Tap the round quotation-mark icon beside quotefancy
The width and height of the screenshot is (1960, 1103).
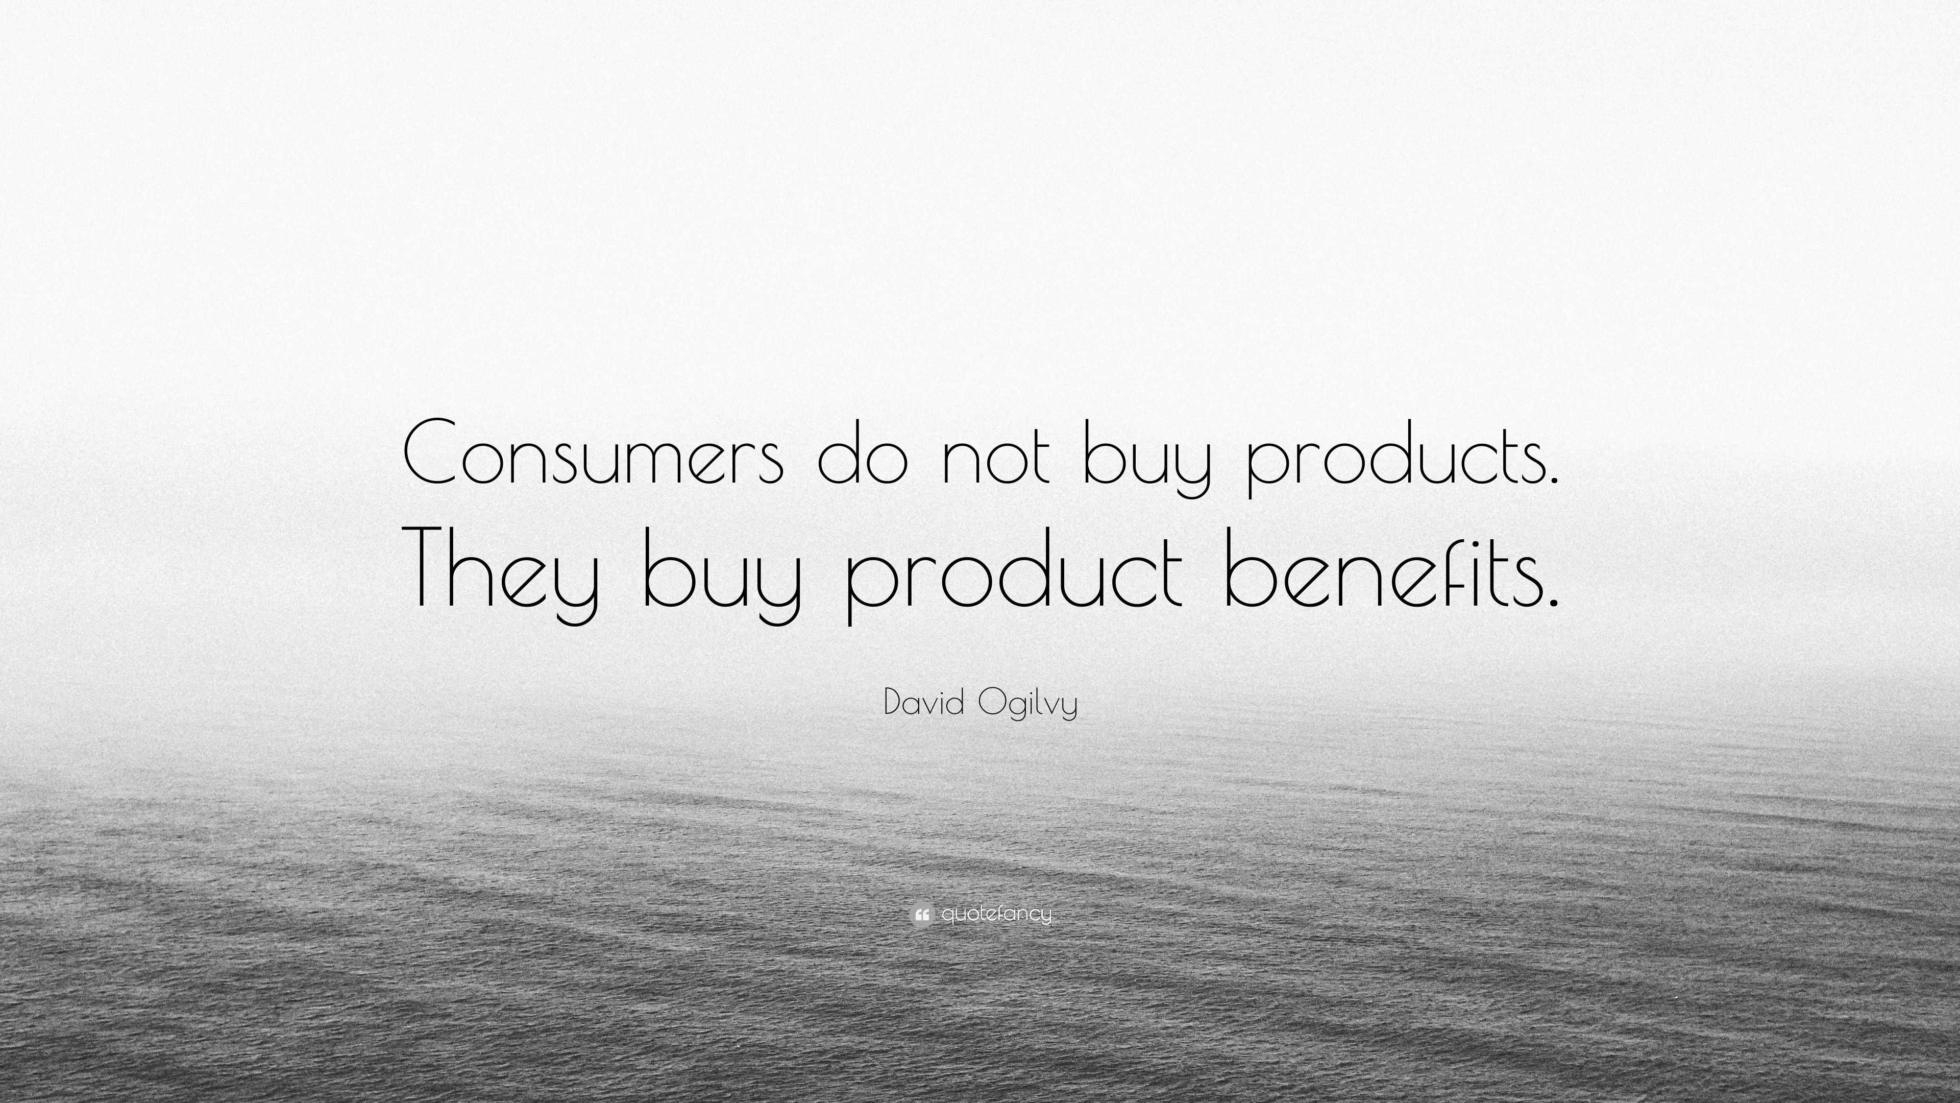point(921,914)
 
